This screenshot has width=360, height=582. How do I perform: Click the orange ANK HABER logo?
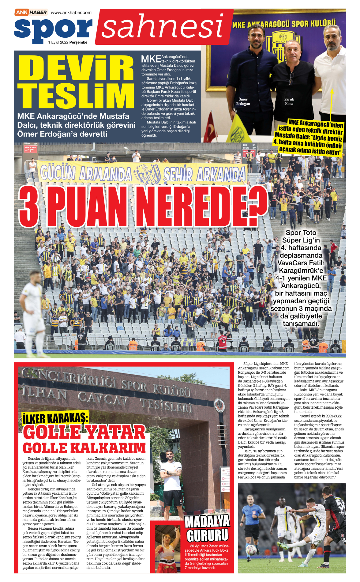[x=31, y=12]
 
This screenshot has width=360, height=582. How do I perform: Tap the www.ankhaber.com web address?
[x=71, y=13]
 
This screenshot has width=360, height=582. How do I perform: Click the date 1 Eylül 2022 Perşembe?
[x=68, y=42]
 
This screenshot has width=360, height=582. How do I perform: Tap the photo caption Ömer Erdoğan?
[x=243, y=101]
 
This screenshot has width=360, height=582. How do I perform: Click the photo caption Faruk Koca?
[x=289, y=101]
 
